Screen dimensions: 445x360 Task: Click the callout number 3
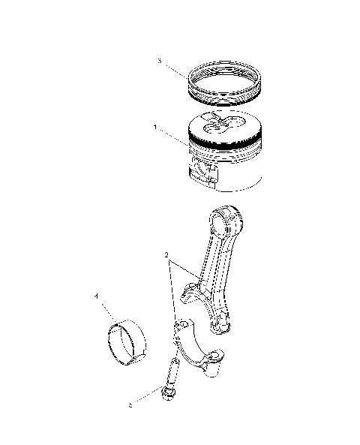tap(159, 60)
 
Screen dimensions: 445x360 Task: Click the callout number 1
tap(154, 128)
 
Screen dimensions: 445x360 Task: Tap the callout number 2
tap(166, 255)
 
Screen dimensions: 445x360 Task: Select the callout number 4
tap(97, 296)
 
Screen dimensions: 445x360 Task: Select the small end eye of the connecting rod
tap(227, 222)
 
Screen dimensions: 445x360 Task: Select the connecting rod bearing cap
tap(199, 349)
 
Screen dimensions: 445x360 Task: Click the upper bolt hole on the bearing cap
tap(180, 326)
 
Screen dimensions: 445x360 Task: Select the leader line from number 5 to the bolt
tap(145, 399)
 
